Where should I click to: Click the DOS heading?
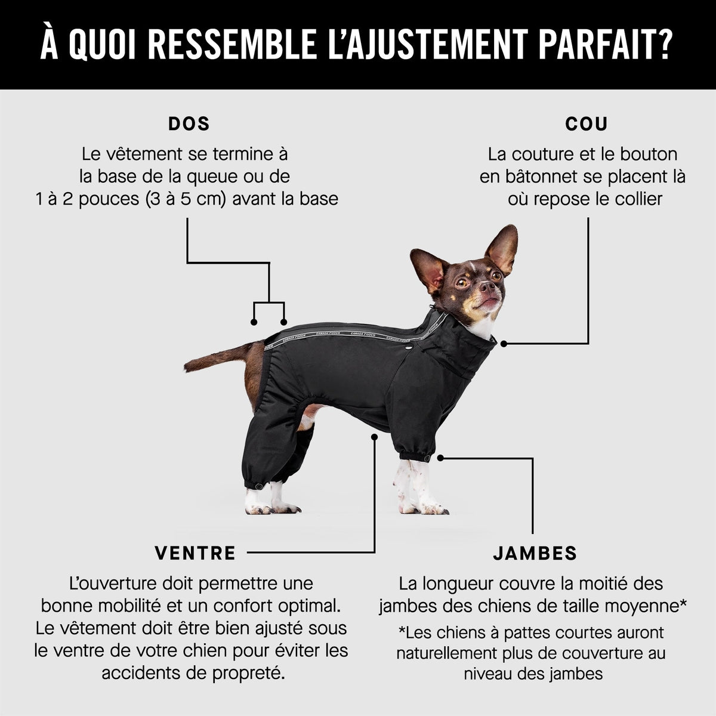(189, 124)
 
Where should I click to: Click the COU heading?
(587, 124)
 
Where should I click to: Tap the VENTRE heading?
(196, 553)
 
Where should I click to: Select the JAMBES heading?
(535, 553)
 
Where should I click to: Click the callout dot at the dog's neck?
(504, 344)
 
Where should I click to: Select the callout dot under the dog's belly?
(374, 437)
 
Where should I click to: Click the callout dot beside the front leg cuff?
(440, 458)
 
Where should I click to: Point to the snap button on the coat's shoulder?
(409, 348)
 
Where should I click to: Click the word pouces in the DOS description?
(109, 199)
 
